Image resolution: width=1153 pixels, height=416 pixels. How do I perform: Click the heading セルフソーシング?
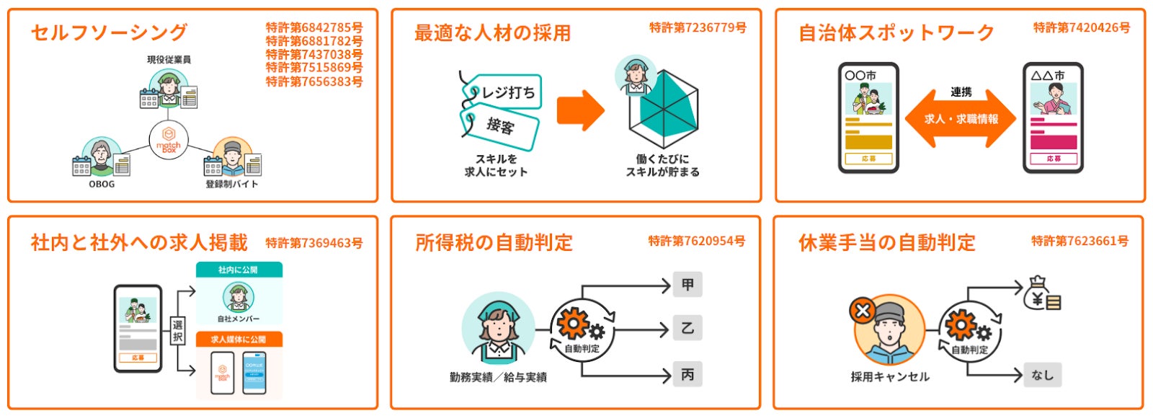(109, 32)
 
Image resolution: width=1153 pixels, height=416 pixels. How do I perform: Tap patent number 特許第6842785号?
(313, 28)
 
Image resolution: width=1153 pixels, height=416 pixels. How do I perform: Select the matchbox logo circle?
(169, 140)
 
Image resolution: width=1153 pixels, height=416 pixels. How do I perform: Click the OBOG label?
(102, 185)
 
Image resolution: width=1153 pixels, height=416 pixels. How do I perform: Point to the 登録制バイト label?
(231, 185)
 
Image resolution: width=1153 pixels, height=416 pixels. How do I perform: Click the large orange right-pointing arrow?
(580, 110)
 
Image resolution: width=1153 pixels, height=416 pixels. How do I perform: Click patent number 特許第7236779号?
(697, 28)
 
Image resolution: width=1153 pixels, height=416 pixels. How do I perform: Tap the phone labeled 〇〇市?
(868, 118)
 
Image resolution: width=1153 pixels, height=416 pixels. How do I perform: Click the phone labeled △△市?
(1053, 118)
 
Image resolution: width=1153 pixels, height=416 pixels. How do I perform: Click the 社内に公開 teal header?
(239, 270)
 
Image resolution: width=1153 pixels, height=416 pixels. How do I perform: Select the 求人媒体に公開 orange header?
(239, 339)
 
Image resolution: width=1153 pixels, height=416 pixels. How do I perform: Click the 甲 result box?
(687, 285)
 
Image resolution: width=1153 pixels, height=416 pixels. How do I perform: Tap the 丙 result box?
(687, 375)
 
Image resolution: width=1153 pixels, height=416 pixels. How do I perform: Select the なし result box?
(1042, 375)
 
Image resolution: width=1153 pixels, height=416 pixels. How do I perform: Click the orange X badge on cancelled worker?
(862, 311)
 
